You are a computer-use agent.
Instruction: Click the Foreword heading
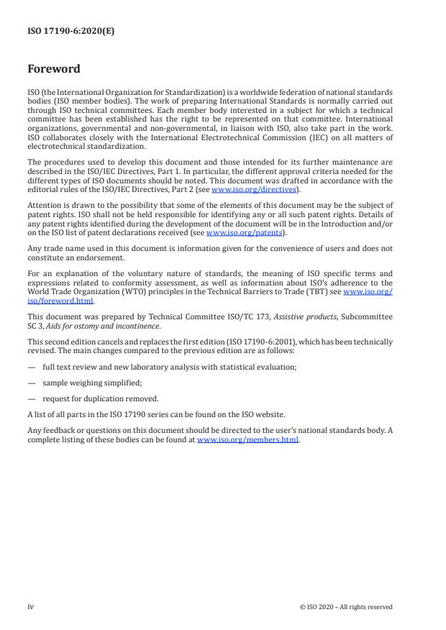tap(54, 69)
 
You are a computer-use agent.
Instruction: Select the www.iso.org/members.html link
tap(247, 439)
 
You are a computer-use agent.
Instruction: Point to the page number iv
tap(31, 606)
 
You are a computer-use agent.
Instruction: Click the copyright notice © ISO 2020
tap(346, 607)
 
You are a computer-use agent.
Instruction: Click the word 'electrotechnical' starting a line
tap(55, 146)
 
